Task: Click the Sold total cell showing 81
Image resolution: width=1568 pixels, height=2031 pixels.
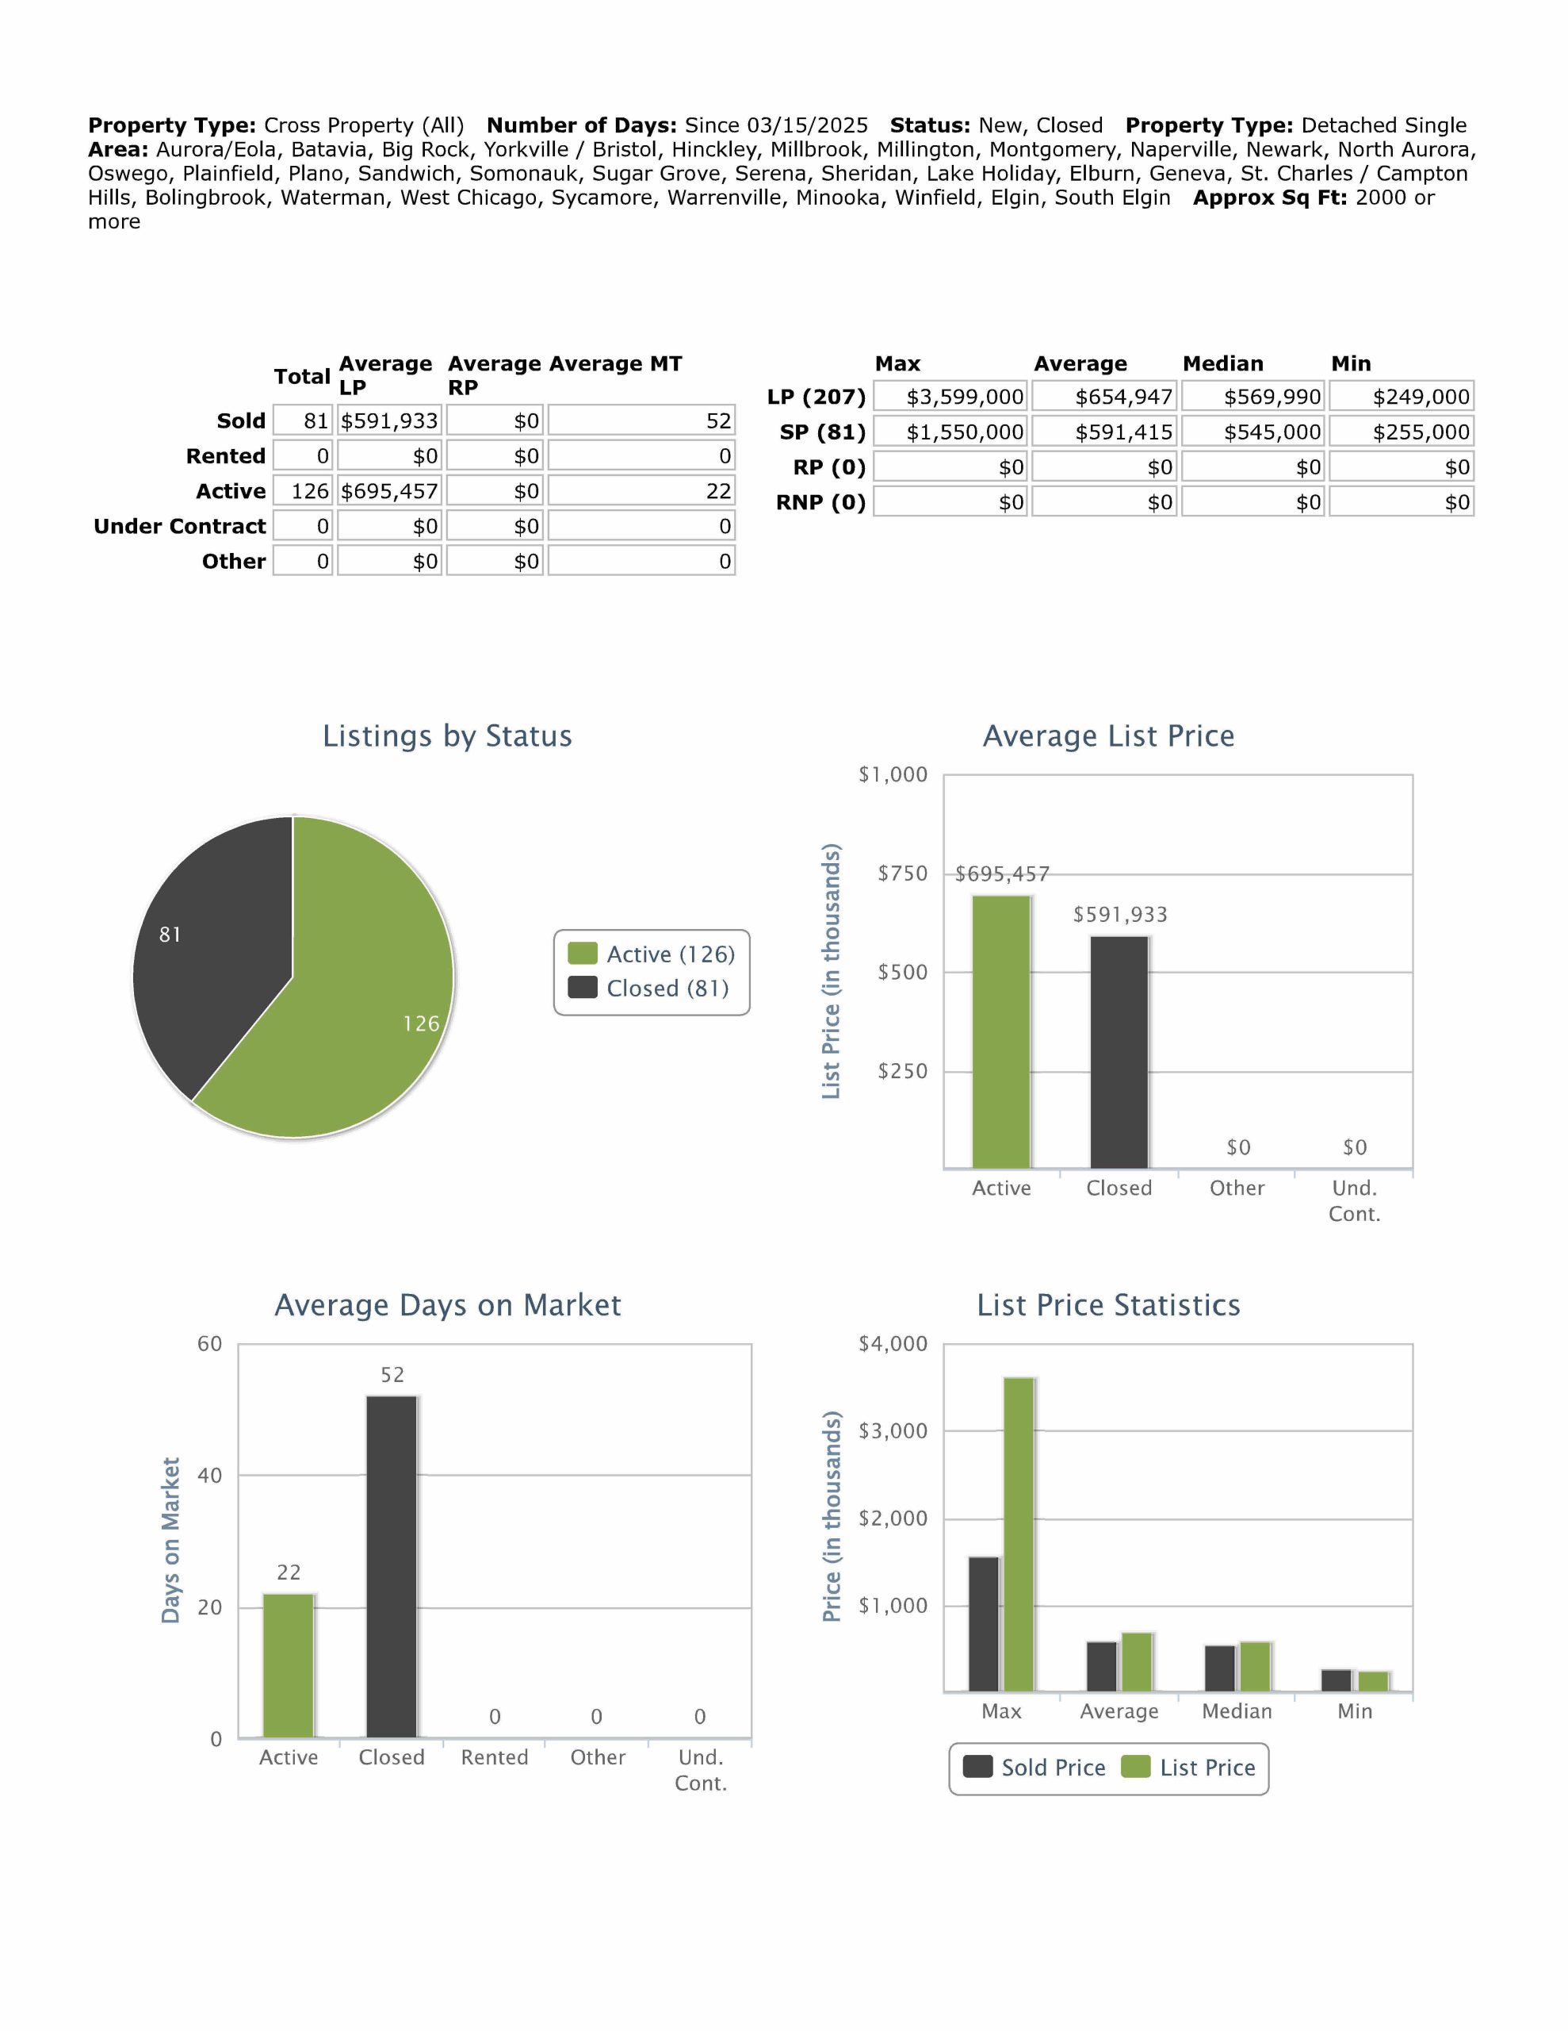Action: pyautogui.click(x=304, y=420)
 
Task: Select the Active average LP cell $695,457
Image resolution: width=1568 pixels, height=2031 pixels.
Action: pyautogui.click(x=388, y=491)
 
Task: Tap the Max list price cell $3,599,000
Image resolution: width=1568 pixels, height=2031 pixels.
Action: pyautogui.click(x=950, y=397)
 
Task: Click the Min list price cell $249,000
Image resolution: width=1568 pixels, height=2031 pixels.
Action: pyautogui.click(x=1402, y=397)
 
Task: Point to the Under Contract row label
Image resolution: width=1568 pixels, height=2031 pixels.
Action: pyautogui.click(x=179, y=526)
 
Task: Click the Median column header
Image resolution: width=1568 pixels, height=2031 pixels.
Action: pyautogui.click(x=1222, y=363)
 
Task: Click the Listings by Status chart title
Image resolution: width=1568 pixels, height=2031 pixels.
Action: pyautogui.click(x=447, y=735)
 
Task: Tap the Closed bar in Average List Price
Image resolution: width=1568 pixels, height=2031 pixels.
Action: pyautogui.click(x=1119, y=1051)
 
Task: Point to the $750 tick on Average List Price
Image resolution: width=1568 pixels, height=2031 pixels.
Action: pyautogui.click(x=902, y=873)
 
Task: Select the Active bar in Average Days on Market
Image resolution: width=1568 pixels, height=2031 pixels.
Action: pyautogui.click(x=288, y=1664)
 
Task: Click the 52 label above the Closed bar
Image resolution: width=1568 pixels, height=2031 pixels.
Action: pyautogui.click(x=392, y=1374)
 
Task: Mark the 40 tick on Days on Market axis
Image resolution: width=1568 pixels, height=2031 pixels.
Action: pyautogui.click(x=210, y=1475)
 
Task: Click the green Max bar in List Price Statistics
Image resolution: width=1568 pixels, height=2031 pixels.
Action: pyautogui.click(x=1019, y=1534)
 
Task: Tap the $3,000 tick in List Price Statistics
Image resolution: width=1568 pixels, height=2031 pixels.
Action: pyautogui.click(x=893, y=1431)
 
